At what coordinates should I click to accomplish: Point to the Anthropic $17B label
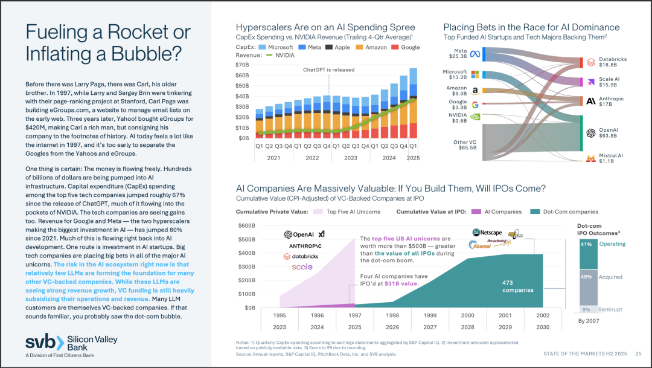click(x=612, y=102)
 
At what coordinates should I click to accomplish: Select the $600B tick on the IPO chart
click(x=247, y=226)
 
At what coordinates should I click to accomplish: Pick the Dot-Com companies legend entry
click(x=566, y=211)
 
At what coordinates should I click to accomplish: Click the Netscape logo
click(x=487, y=232)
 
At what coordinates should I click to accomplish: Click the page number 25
click(x=638, y=353)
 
